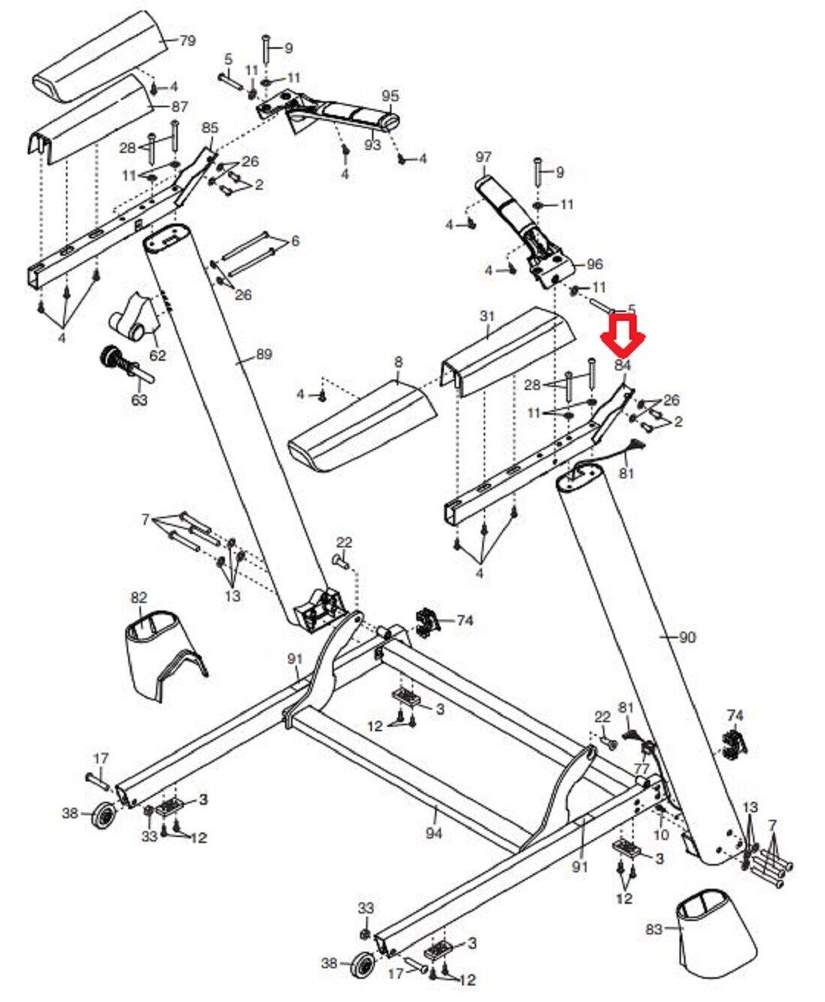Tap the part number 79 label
[x=187, y=40]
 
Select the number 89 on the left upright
[x=263, y=355]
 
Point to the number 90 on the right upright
[x=687, y=637]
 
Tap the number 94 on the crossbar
[x=433, y=832]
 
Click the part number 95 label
[x=391, y=97]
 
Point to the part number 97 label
[x=484, y=157]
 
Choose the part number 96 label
[x=594, y=264]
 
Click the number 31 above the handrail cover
[x=487, y=316]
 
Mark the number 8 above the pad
[x=398, y=363]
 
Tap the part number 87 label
[x=180, y=107]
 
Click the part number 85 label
[x=210, y=127]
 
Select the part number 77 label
[x=640, y=770]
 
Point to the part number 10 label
[x=661, y=835]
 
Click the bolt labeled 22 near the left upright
[x=339, y=559]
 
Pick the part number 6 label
[x=295, y=241]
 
